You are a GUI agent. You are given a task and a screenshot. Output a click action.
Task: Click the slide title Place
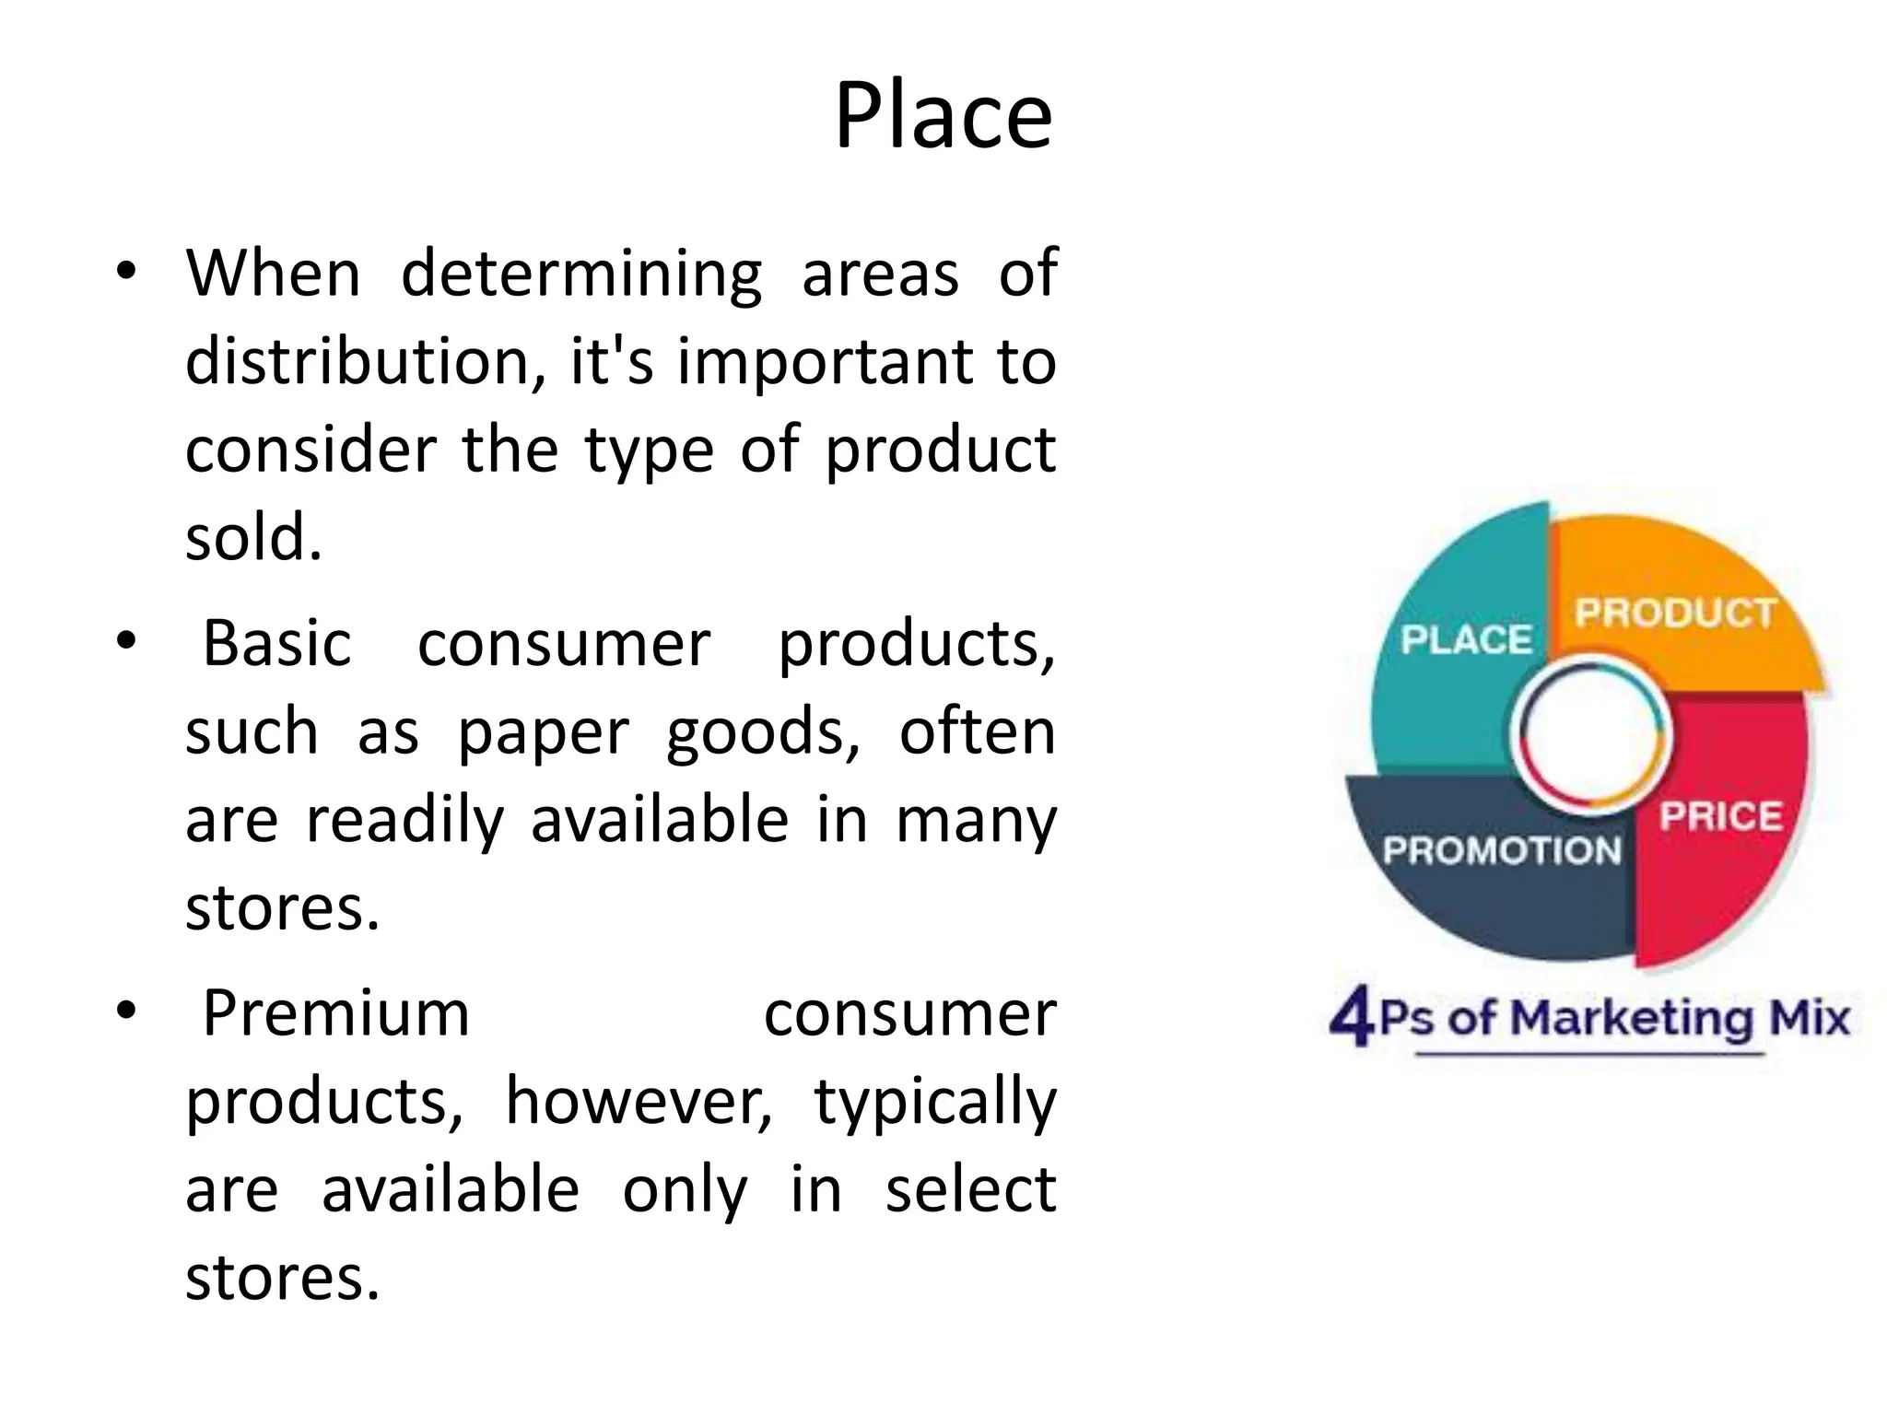tap(943, 116)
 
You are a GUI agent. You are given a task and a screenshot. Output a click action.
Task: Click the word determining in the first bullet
tap(581, 274)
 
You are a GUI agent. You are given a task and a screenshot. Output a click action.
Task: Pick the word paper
tap(543, 733)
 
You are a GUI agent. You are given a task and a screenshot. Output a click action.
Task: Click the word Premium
tap(336, 1013)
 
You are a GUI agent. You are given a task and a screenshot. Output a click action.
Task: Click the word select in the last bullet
tap(970, 1189)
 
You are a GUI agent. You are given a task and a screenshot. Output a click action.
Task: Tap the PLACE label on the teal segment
tap(1466, 639)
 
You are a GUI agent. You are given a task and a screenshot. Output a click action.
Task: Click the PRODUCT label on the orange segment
tap(1675, 613)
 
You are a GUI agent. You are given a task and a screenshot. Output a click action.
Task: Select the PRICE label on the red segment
tap(1720, 816)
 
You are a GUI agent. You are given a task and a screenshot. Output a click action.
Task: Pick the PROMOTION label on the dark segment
tap(1502, 850)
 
